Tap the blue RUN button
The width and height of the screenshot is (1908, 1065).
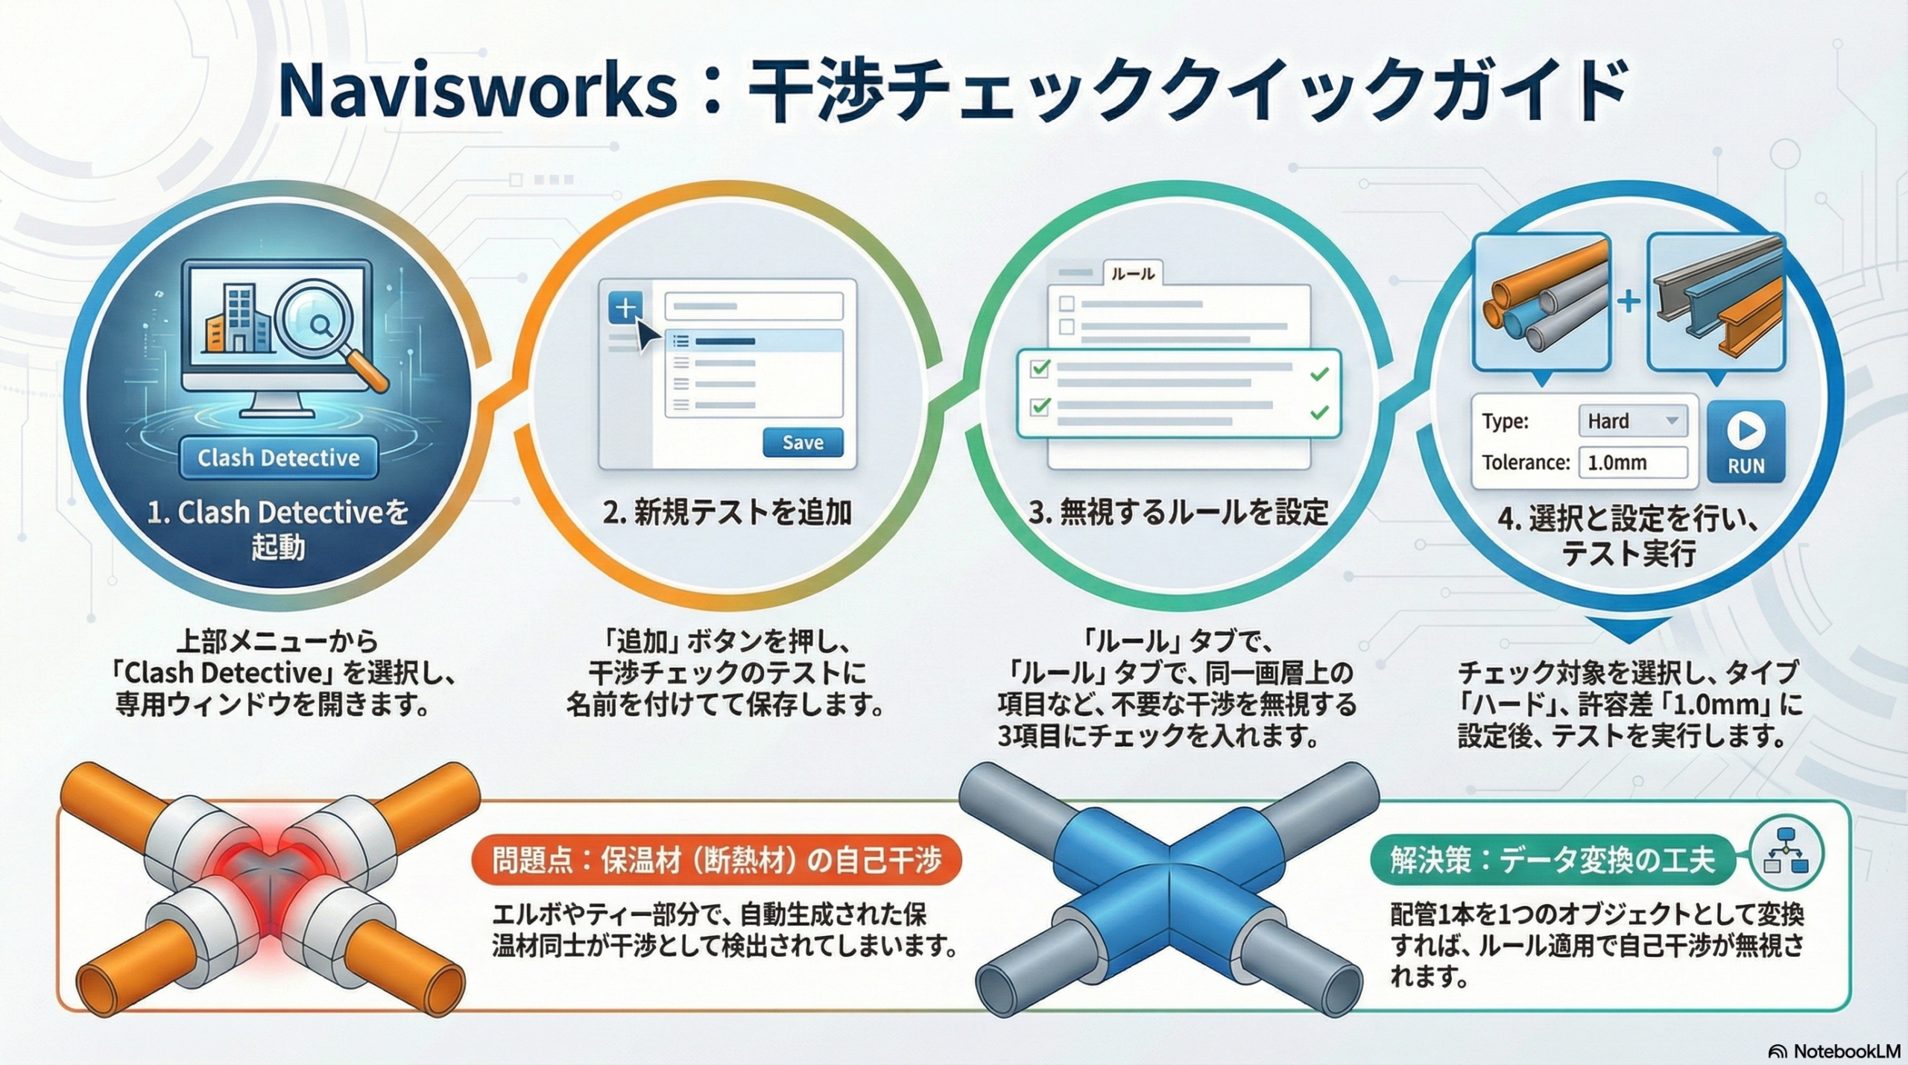point(1746,441)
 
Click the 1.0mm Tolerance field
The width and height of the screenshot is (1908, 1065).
point(1632,463)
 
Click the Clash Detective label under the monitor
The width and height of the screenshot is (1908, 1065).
point(278,458)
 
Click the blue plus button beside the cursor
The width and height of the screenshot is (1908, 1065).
point(625,307)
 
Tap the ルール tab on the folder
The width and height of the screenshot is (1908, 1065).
point(1133,274)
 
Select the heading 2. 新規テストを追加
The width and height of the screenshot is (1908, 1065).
point(727,513)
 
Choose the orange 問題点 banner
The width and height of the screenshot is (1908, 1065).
point(716,860)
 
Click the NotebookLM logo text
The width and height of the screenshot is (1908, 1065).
point(1845,1051)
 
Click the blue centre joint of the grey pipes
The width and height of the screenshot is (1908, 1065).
point(1169,868)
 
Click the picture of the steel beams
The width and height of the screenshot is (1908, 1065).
point(1716,302)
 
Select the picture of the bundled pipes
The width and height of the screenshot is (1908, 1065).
point(1541,302)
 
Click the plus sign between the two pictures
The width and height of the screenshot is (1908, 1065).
point(1629,301)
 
